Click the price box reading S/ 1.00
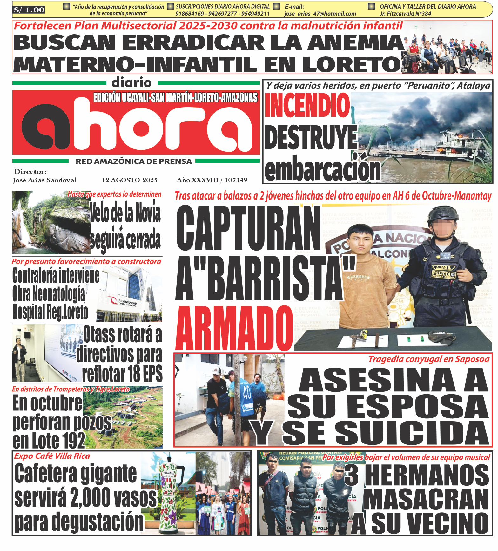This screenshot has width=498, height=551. (29, 10)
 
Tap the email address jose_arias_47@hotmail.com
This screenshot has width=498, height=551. (320, 14)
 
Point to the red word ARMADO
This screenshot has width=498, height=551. (234, 328)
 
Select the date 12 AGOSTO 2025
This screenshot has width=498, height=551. (130, 180)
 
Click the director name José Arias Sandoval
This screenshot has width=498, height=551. (44, 180)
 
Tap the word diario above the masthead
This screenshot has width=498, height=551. (132, 83)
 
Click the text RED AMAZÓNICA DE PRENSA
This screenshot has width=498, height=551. (134, 161)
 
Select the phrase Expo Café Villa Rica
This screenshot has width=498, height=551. (52, 456)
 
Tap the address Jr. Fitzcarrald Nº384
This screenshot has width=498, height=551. (405, 14)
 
